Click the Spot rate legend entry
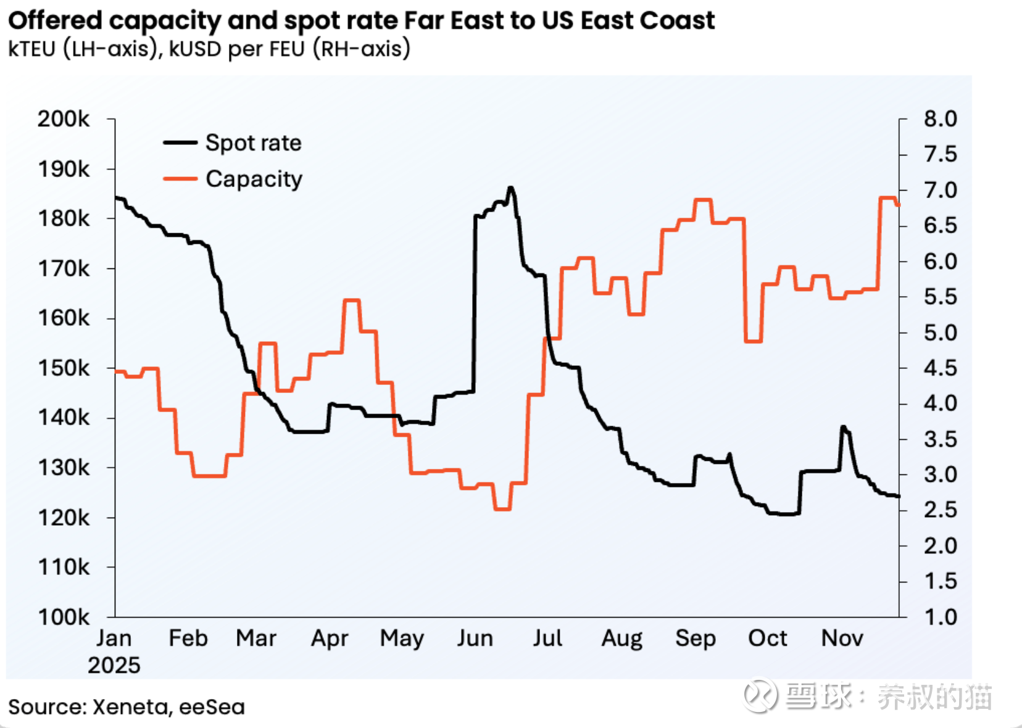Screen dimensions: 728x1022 point(253,143)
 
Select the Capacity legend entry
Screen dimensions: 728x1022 point(254,179)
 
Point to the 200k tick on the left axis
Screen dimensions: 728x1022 point(64,118)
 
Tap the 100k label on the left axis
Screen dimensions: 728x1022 point(64,616)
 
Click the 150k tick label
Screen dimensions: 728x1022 point(64,368)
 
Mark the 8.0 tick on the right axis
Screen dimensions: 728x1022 point(940,118)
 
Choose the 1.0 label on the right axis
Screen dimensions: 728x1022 point(940,616)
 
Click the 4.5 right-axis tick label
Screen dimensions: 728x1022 point(940,368)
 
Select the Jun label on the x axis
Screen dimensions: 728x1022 point(475,638)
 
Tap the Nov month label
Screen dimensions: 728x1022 point(842,638)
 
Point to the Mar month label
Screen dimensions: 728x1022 point(255,638)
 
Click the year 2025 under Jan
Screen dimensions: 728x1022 point(114,665)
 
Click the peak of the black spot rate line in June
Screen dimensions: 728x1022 point(510,188)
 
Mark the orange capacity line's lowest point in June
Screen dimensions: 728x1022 point(502,509)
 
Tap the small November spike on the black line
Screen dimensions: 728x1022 point(843,427)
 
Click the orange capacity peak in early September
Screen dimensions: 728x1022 point(703,200)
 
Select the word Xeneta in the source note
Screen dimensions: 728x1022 point(130,706)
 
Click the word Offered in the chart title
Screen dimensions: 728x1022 point(55,20)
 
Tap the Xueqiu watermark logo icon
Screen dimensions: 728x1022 point(760,696)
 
